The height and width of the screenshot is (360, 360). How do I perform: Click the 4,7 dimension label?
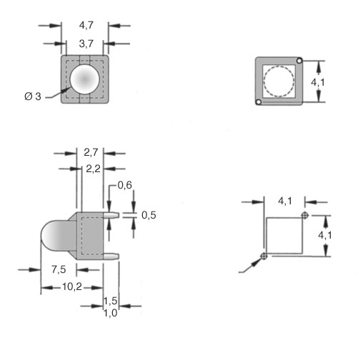point(86,25)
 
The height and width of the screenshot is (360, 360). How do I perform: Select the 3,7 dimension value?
point(86,44)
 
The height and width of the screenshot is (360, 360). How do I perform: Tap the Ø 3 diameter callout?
point(33,96)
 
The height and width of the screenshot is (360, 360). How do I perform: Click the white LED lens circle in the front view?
point(85,79)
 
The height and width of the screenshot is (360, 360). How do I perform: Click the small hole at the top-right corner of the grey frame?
point(299,61)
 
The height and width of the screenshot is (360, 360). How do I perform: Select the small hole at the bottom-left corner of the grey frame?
point(259,102)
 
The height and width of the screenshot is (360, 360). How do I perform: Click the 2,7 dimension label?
point(91,152)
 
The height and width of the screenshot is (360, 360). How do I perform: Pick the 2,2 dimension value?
point(93,169)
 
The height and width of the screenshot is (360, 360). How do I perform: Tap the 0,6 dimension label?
point(125,185)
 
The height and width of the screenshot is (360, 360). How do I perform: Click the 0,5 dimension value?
point(149,215)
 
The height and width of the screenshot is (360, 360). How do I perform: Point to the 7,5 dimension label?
point(59,269)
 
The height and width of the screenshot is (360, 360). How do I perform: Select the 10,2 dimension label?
point(72,286)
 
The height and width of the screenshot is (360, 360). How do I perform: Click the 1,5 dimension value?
point(111,301)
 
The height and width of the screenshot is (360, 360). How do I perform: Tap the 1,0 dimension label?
point(111,313)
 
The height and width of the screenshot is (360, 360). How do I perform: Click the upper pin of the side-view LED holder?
point(111,215)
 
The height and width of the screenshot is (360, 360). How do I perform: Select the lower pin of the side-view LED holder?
point(111,256)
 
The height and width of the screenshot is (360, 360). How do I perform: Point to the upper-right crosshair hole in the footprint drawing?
point(305,216)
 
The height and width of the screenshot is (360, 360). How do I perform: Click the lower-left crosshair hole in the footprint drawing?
point(264,256)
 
